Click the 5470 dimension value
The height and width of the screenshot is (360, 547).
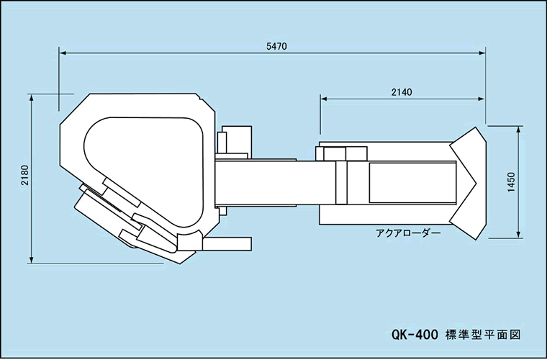(x=276, y=46)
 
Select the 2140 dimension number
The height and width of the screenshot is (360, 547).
(x=402, y=92)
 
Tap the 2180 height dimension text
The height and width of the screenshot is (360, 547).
(x=24, y=175)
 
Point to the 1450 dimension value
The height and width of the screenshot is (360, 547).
(x=511, y=182)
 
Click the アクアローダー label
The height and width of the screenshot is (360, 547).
(x=408, y=233)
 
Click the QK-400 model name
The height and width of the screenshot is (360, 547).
(x=415, y=335)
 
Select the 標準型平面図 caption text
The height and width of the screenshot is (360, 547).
(x=483, y=335)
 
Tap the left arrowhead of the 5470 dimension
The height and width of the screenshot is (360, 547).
(x=63, y=53)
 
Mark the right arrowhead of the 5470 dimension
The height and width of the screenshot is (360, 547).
(x=482, y=53)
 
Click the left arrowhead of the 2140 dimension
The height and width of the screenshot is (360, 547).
(x=324, y=99)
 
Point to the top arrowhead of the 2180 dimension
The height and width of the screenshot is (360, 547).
(x=32, y=98)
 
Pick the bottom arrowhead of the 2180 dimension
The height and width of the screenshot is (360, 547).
(x=32, y=259)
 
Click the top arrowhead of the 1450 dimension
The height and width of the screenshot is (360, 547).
(x=519, y=130)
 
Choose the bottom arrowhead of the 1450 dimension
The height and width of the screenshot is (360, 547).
(x=519, y=235)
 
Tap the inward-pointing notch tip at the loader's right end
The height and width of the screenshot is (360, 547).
(x=476, y=183)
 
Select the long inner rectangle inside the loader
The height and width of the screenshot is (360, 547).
(x=412, y=182)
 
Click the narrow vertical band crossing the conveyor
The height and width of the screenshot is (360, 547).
(x=341, y=182)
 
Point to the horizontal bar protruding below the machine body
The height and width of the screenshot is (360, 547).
(x=227, y=244)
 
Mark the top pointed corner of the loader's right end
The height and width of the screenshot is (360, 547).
(x=475, y=127)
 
